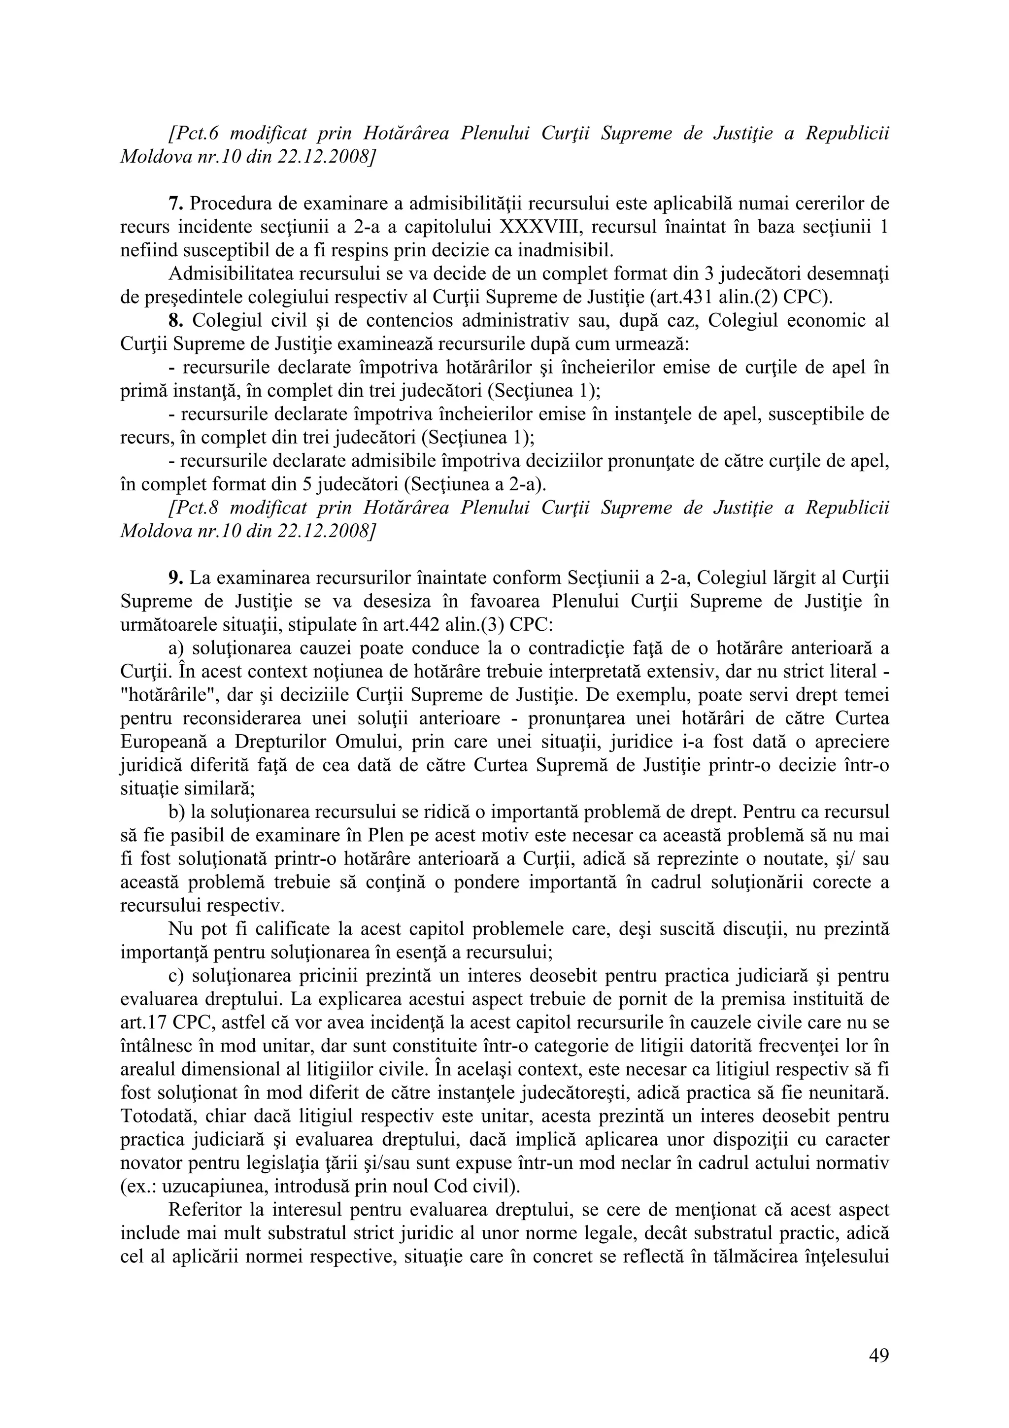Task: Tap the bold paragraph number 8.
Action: (x=175, y=321)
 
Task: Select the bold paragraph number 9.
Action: (x=175, y=578)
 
